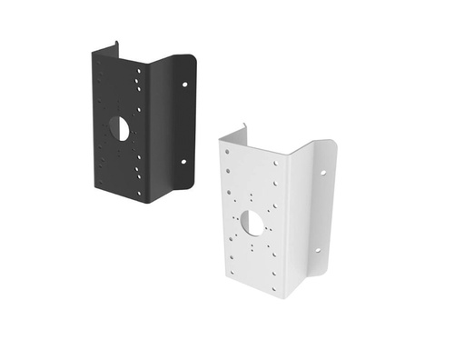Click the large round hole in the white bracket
[252, 221]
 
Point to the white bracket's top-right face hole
[276, 164]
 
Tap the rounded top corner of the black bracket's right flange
[193, 60]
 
